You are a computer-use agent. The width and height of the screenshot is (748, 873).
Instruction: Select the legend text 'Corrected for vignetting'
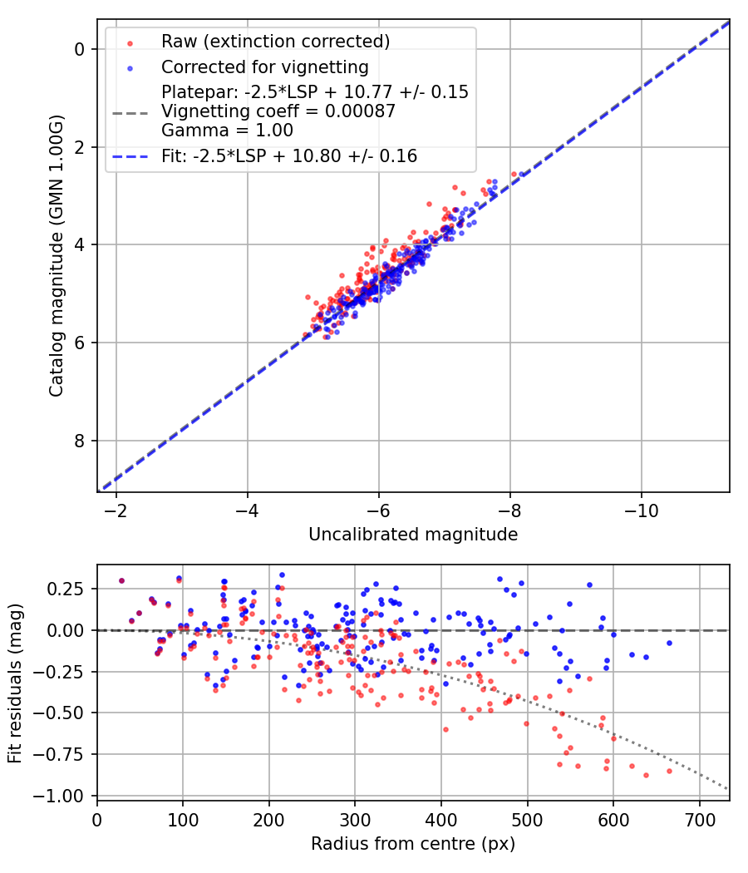(x=265, y=67)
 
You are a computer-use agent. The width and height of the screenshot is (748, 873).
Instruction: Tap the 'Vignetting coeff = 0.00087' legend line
(x=278, y=111)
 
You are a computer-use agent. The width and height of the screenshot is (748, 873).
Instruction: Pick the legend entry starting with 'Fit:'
(x=289, y=155)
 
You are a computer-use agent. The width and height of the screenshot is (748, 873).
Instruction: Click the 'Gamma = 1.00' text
(x=215, y=130)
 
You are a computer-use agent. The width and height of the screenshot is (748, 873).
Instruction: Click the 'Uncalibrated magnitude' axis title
(x=413, y=535)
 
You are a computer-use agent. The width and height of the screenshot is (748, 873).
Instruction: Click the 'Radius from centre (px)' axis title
(x=413, y=844)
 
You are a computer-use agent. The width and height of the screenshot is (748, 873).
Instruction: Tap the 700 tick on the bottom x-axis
(x=699, y=820)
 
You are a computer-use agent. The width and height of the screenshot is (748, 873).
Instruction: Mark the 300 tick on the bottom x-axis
(x=355, y=820)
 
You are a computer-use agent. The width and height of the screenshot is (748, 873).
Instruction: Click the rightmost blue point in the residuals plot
(x=669, y=643)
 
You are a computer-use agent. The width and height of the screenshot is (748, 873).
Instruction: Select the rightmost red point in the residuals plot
(x=669, y=771)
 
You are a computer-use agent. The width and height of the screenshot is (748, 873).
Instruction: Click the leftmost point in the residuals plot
(x=121, y=581)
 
